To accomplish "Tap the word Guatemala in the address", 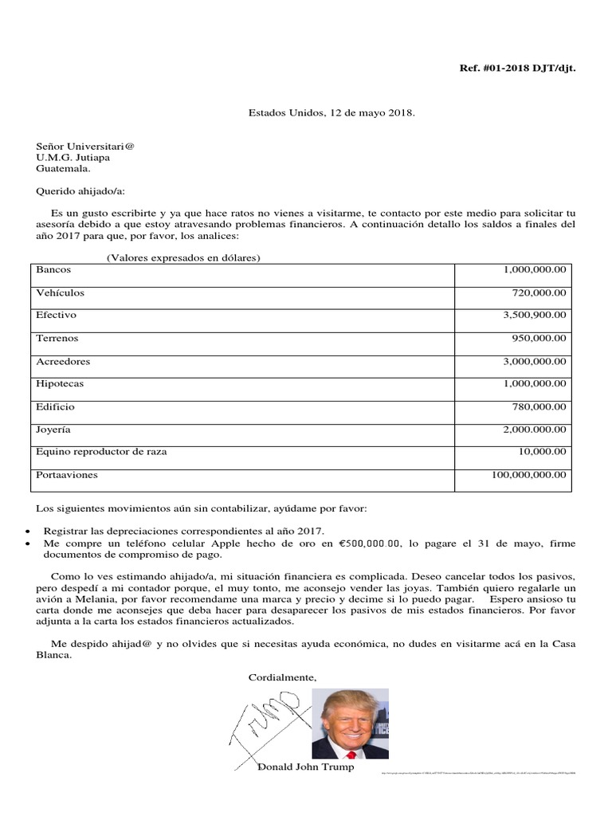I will pyautogui.click(x=63, y=168).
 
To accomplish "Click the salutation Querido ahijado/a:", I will pyautogui.click(x=80, y=191).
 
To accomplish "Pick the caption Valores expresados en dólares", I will pyautogui.click(x=184, y=257).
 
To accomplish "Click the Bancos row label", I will pyautogui.click(x=53, y=270).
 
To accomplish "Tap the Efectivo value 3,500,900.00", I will pyautogui.click(x=535, y=316).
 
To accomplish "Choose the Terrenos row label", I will pyautogui.click(x=57, y=338).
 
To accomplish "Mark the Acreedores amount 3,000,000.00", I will pyautogui.click(x=535, y=362).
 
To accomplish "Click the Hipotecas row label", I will pyautogui.click(x=60, y=384).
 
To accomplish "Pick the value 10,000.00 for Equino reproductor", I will pyautogui.click(x=542, y=452).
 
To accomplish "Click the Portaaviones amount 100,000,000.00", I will pyautogui.click(x=530, y=475).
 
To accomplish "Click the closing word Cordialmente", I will pyautogui.click(x=282, y=678).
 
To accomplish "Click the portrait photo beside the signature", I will pyautogui.click(x=350, y=724).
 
